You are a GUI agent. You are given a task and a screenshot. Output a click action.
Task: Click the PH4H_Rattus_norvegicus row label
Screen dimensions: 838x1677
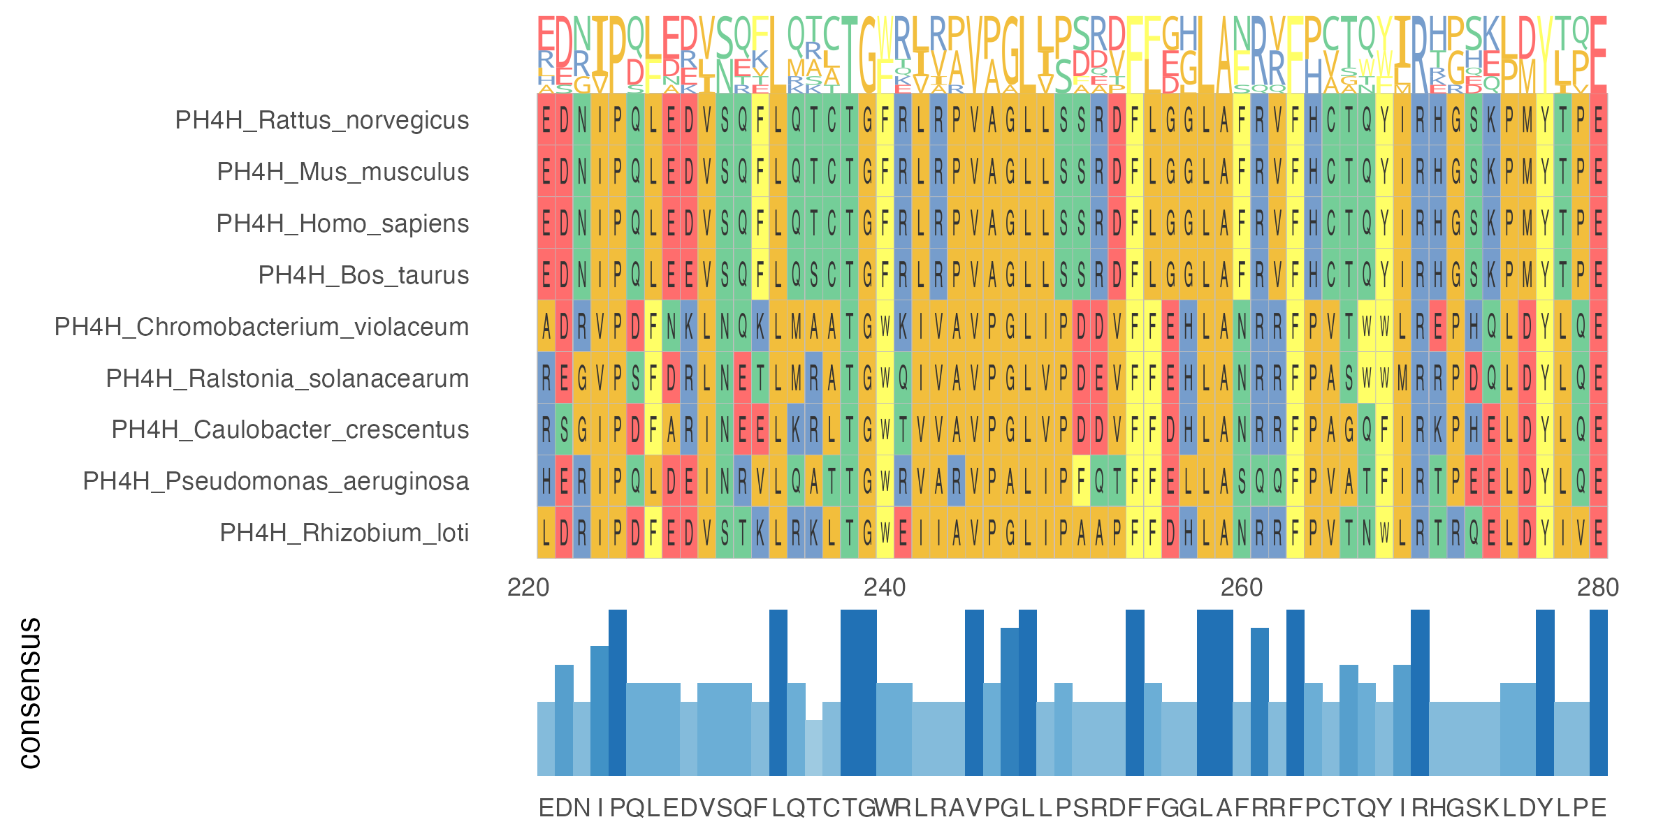pos(321,120)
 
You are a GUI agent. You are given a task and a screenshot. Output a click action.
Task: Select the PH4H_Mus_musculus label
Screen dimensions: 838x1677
pos(342,172)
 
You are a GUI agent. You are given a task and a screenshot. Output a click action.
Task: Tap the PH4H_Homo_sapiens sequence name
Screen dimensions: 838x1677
pos(342,223)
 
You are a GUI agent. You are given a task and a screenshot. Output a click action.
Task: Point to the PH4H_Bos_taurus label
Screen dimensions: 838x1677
pos(363,275)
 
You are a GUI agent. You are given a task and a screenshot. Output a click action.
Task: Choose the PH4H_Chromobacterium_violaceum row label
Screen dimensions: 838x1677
pos(261,327)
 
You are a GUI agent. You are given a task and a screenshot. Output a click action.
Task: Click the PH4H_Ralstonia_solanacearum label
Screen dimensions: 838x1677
pos(287,378)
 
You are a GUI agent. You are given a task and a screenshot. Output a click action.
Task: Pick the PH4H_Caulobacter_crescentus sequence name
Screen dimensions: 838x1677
pos(290,429)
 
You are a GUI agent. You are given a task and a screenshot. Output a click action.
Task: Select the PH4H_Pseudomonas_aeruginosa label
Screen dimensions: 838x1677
pos(275,481)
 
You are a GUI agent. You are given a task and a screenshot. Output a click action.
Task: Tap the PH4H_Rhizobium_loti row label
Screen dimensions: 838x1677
pos(344,533)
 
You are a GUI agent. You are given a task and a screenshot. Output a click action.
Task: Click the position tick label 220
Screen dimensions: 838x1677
pos(528,588)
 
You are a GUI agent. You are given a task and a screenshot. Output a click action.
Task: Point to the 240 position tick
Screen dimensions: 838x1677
pos(885,588)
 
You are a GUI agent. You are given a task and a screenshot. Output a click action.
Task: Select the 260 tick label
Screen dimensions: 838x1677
pos(1242,588)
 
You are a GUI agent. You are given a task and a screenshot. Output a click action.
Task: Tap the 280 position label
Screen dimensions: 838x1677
pos(1598,588)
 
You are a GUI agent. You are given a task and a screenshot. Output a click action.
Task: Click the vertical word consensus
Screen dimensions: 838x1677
pos(29,693)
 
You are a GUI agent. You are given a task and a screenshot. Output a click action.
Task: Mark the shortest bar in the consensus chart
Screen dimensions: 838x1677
pos(814,747)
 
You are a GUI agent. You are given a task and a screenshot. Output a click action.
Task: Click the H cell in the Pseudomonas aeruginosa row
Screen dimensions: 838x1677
pos(546,481)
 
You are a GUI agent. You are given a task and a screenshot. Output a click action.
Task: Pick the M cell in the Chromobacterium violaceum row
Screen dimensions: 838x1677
pos(796,327)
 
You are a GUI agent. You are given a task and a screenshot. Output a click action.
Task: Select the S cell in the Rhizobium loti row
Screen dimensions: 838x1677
pos(725,533)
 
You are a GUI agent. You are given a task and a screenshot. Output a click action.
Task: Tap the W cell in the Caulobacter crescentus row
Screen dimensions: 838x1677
pos(885,429)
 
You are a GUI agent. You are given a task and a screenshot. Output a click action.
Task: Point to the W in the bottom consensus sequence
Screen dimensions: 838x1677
pos(885,808)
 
